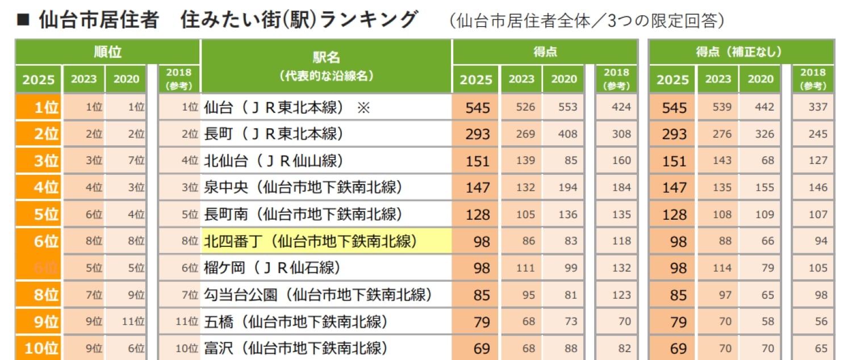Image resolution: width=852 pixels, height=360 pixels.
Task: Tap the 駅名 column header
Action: point(326,57)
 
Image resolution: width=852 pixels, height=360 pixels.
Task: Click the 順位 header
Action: point(107,52)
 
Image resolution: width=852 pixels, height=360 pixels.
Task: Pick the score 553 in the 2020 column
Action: point(563,107)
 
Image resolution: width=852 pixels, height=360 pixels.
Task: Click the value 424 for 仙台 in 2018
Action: point(621,107)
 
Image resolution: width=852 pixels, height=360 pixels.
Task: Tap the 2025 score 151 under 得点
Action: point(477,161)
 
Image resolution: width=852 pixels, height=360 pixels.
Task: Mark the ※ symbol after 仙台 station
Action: point(363,107)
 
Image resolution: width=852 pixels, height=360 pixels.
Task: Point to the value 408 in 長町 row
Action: point(563,134)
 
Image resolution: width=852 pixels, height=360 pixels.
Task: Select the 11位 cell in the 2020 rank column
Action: point(133,321)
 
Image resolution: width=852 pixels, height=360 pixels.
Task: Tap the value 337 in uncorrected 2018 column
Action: point(818,107)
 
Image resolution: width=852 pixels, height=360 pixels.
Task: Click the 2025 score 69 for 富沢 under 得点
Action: point(482,348)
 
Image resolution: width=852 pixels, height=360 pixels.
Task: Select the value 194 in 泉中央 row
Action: point(563,187)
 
